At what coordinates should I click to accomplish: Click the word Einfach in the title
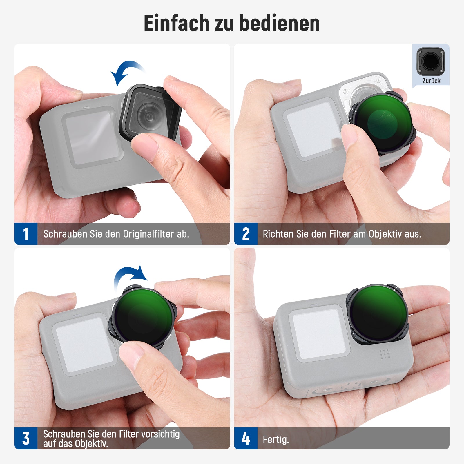[176, 23]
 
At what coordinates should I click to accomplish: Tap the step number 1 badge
[26, 234]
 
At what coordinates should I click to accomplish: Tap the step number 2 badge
[246, 234]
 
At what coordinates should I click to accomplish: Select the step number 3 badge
[26, 438]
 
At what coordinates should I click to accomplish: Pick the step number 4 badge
[246, 438]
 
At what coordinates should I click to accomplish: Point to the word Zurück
[431, 81]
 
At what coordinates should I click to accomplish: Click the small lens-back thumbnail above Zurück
[431, 61]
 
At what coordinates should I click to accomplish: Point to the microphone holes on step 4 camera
[385, 354]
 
